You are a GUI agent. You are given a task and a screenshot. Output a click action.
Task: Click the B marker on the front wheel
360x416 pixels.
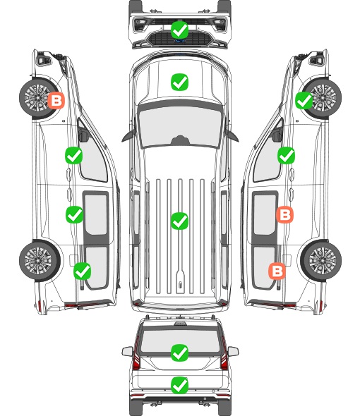tap(56, 100)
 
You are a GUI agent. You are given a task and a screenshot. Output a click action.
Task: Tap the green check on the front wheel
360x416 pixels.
tap(304, 101)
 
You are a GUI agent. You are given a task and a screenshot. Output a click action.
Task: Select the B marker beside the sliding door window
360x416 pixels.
tap(284, 214)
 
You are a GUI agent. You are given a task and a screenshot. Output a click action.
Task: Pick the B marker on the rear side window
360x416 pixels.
tap(277, 271)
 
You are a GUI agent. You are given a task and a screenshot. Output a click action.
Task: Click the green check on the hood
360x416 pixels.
tap(179, 82)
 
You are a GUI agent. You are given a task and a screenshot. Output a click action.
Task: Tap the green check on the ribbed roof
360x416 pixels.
tap(179, 221)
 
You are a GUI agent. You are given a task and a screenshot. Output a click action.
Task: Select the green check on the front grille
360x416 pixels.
tap(179, 30)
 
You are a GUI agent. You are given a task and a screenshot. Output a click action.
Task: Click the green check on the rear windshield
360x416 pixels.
tap(179, 353)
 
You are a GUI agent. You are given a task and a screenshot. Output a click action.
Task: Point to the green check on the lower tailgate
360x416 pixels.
tap(179, 385)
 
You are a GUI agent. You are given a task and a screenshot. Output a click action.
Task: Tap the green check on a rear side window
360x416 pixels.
tap(83, 271)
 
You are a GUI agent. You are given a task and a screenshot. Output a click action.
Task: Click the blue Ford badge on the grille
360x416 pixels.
tap(180, 41)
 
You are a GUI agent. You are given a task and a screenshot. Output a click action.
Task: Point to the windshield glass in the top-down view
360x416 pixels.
tap(180, 125)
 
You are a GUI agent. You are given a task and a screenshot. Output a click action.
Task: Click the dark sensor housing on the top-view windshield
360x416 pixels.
tap(180, 140)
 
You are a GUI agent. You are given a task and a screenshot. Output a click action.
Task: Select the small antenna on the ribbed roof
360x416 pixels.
tap(180, 285)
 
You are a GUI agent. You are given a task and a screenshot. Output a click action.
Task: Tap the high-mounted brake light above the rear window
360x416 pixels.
tap(180, 324)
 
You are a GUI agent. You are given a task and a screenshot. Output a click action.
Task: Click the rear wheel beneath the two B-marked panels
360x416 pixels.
tap(321, 261)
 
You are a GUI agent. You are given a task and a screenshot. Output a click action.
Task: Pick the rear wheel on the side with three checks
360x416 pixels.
tap(40, 261)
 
